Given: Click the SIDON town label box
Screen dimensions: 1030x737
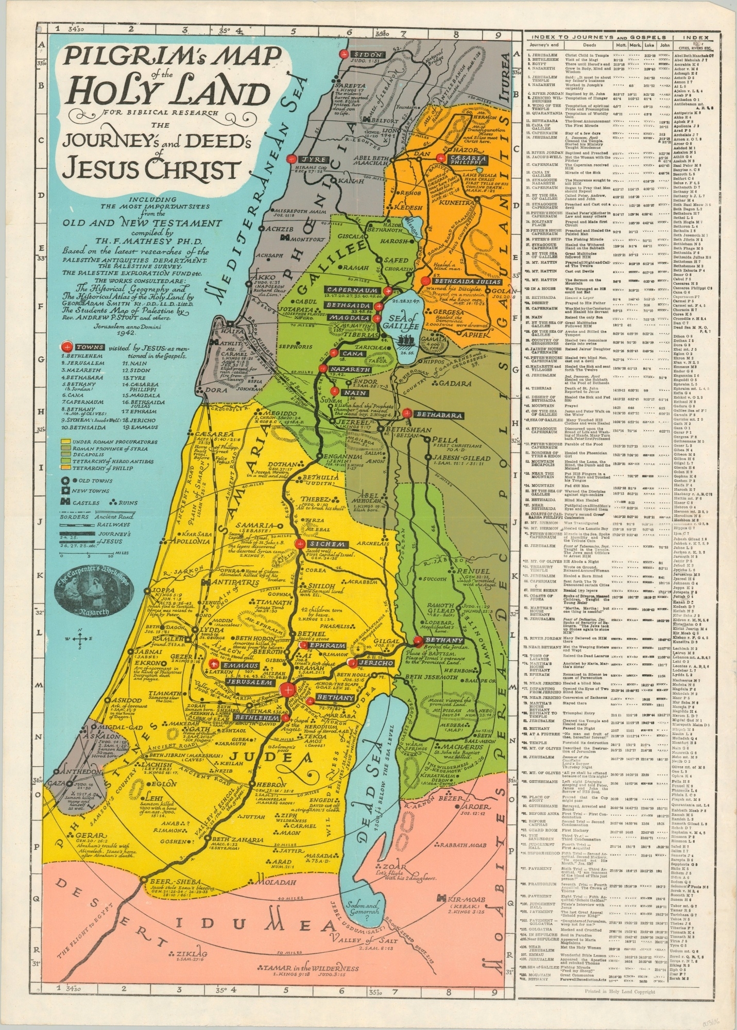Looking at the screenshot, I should pos(367,55).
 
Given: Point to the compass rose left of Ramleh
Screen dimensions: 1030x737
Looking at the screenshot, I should pos(79,639).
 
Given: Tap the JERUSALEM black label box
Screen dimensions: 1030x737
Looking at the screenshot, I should pos(249,681).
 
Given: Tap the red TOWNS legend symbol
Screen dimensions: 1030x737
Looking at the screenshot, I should pos(66,347).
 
